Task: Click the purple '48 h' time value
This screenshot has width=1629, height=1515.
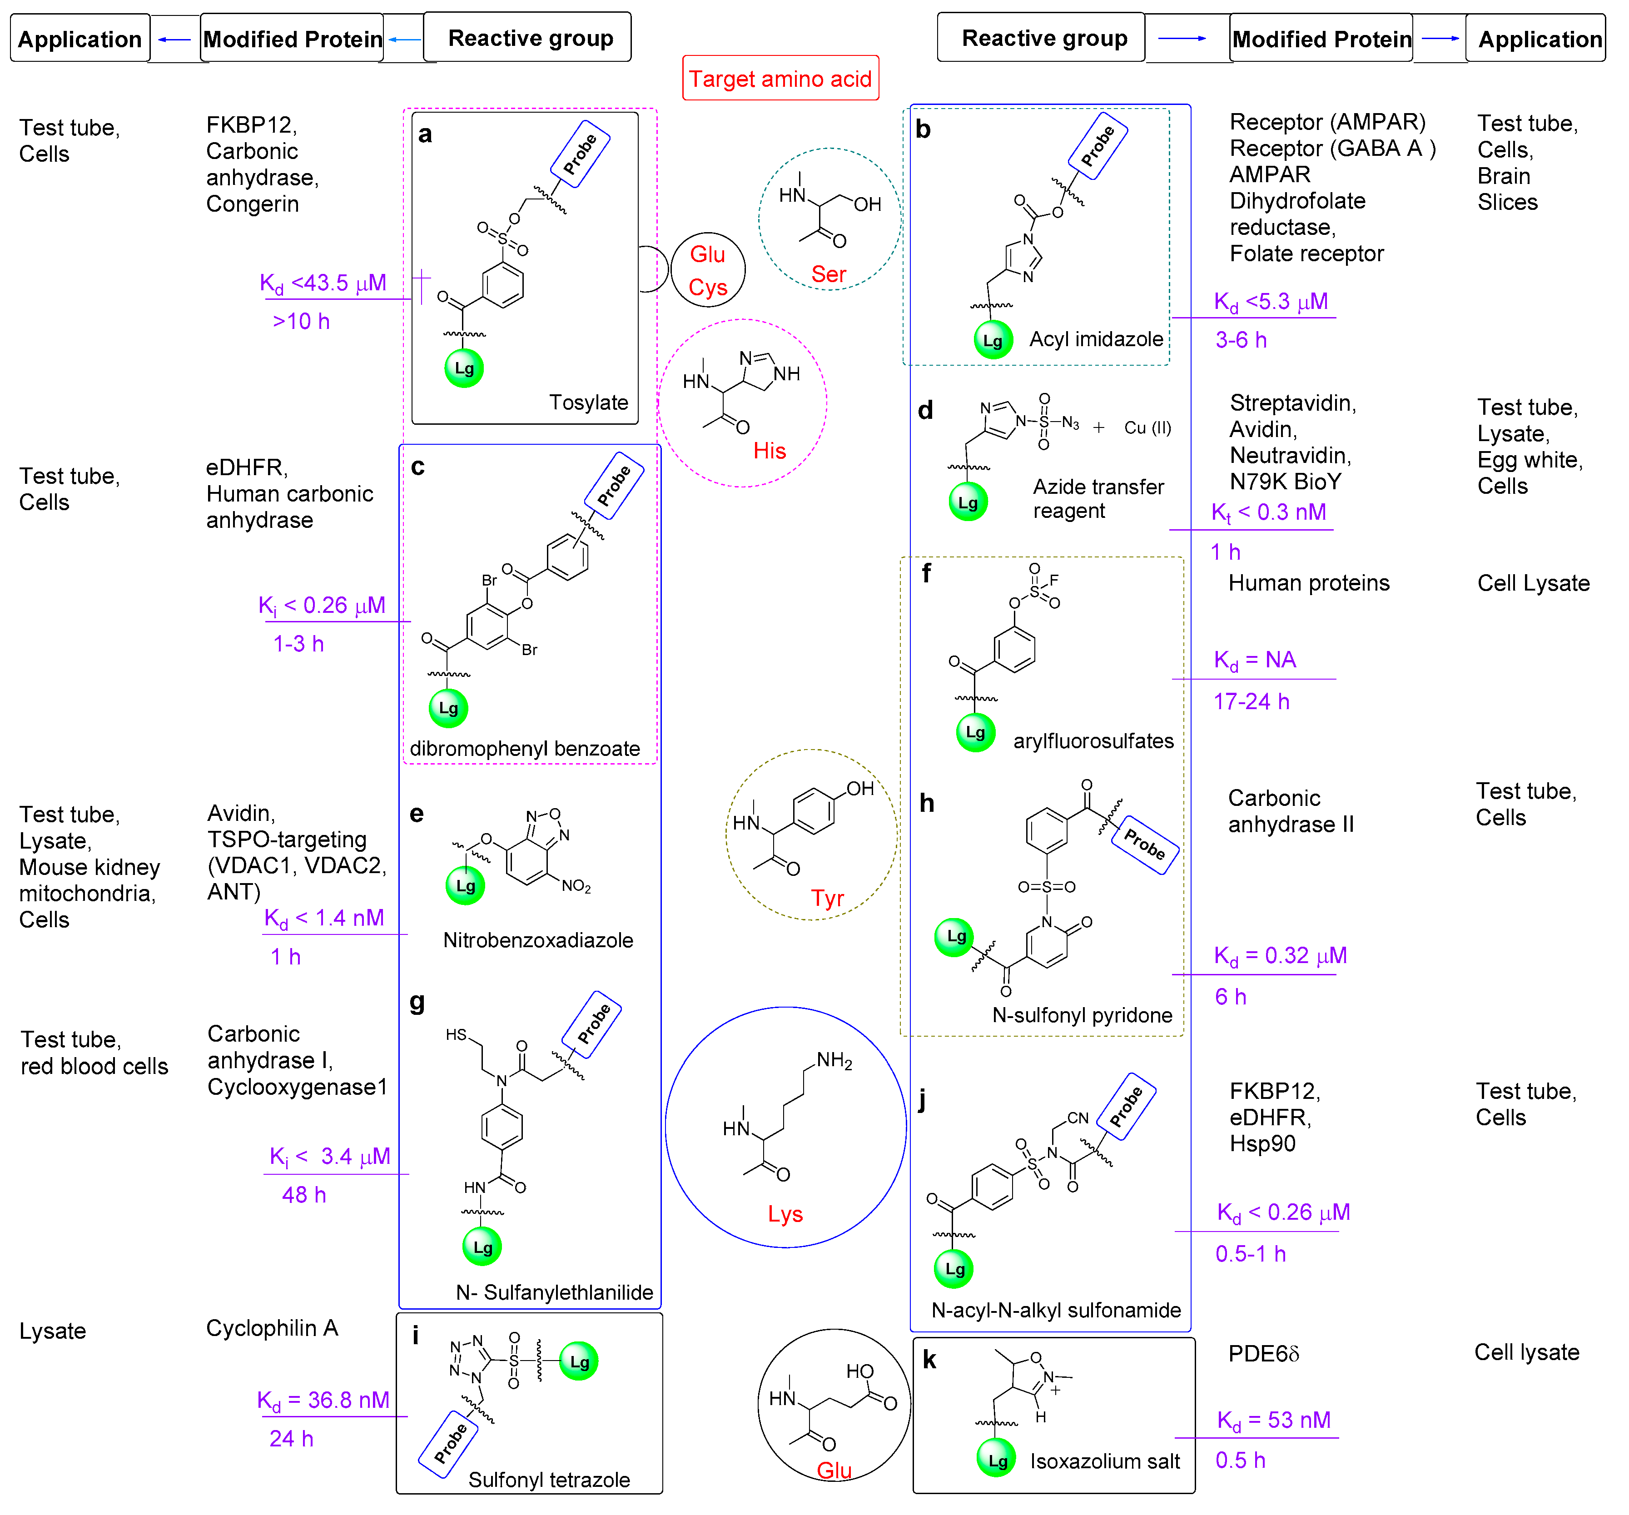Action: [x=304, y=1195]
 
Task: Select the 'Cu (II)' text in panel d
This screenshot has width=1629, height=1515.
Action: [x=1147, y=428]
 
